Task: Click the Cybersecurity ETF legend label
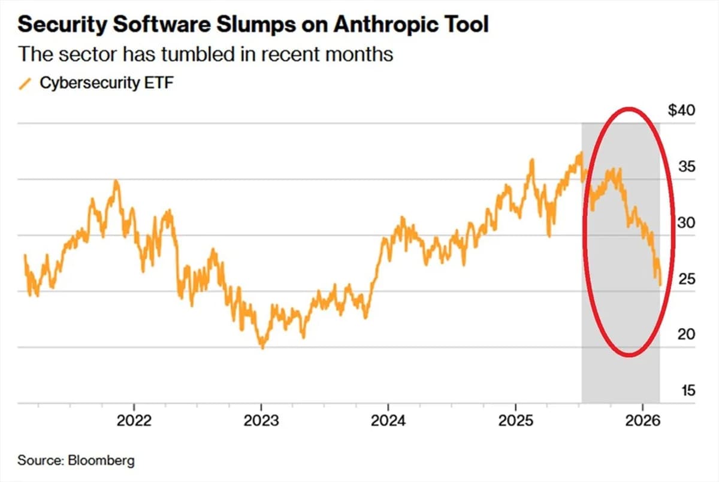point(107,83)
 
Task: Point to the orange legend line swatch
point(25,84)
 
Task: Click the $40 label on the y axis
point(681,111)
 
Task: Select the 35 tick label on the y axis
point(687,167)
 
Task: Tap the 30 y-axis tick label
point(687,222)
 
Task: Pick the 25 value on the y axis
point(687,279)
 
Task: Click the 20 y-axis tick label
point(687,335)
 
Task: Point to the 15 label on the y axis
point(687,391)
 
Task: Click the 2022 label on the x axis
point(134,420)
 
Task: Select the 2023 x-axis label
point(261,420)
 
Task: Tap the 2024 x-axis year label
point(388,420)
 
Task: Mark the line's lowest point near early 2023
point(262,347)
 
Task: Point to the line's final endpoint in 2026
point(660,285)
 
